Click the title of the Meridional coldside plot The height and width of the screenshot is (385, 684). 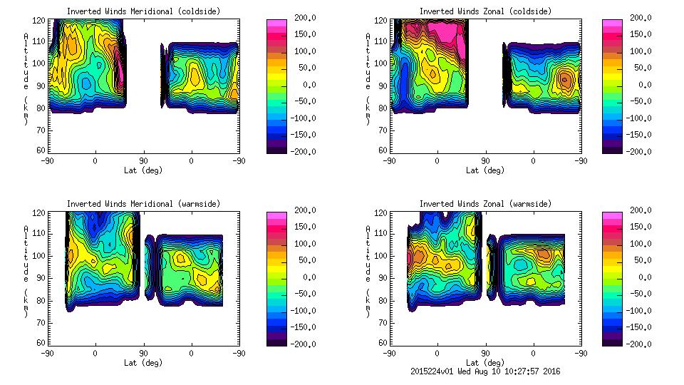[x=144, y=11]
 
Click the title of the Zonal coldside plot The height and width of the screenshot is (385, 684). [x=484, y=11]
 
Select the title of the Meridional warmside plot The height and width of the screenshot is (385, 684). [x=144, y=204]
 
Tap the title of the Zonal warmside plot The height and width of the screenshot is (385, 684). [x=484, y=204]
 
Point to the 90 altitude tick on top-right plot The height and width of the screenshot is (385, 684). [x=383, y=86]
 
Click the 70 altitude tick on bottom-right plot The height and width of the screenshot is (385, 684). [x=383, y=322]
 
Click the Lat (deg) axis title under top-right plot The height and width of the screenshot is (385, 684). [x=484, y=170]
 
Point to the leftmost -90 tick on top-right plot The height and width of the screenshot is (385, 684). [x=389, y=161]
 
